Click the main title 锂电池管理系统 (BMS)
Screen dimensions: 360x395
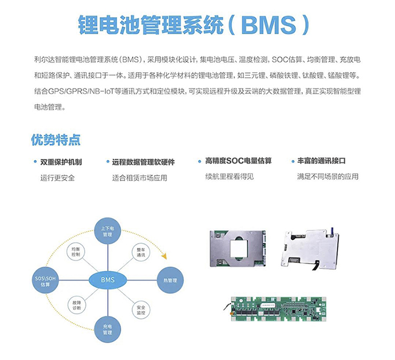(193, 24)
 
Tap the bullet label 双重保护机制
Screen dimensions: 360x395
(61, 162)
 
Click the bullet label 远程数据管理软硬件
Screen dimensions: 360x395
(143, 162)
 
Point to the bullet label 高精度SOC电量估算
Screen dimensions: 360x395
(238, 161)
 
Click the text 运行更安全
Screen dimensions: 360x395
(57, 177)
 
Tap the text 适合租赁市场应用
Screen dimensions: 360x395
(139, 177)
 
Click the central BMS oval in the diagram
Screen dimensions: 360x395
(107, 279)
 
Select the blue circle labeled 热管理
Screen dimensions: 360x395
(171, 280)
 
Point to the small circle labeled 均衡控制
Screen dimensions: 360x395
(75, 252)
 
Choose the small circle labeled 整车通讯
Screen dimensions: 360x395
(140, 252)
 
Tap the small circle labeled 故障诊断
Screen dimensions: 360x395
(75, 306)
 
